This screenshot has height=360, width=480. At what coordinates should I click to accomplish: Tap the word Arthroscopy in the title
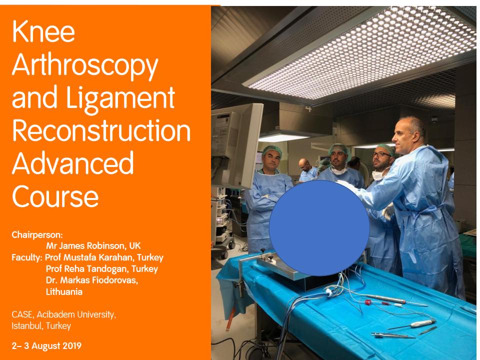tap(85, 66)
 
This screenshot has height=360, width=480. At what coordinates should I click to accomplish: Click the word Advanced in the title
tap(73, 162)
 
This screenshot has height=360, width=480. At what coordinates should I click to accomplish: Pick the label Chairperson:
tap(37, 235)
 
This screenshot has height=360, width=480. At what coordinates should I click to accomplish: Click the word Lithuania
tap(64, 291)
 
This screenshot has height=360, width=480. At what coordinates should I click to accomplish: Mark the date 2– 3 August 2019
tap(46, 346)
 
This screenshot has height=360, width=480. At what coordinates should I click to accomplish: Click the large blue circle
tap(319, 228)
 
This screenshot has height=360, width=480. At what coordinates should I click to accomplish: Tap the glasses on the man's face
tap(381, 154)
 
